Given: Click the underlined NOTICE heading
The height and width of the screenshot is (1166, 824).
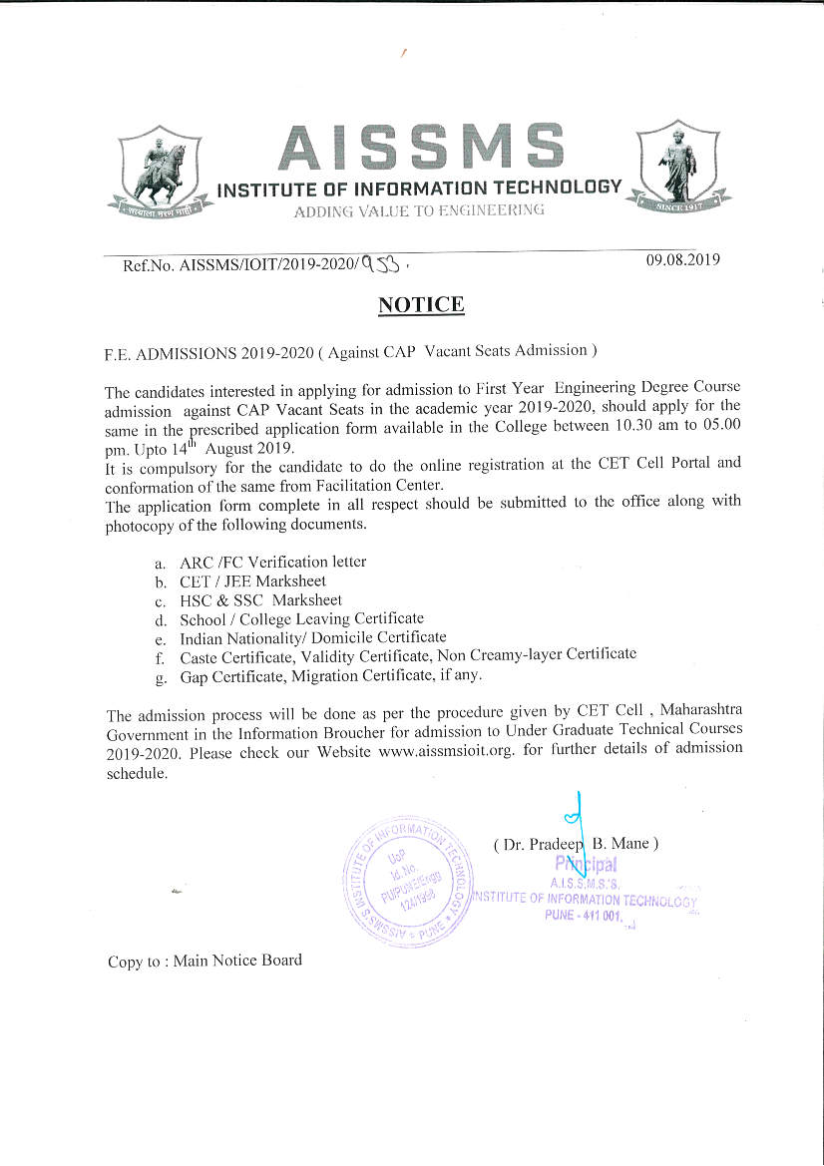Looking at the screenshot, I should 421,304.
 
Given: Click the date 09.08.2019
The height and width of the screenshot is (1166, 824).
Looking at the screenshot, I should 683,259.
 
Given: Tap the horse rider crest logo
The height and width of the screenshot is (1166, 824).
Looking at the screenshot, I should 160,172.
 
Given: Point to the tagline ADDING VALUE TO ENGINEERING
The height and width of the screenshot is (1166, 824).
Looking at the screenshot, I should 419,209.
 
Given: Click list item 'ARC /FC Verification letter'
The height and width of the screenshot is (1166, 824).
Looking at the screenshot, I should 272,562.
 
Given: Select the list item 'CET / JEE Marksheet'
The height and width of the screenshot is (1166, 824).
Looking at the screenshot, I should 252,581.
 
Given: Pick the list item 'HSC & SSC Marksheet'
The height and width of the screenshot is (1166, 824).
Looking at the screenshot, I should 260,600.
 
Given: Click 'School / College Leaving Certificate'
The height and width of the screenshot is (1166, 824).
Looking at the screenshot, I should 301,619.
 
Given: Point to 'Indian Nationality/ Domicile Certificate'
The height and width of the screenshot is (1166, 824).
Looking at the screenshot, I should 312,638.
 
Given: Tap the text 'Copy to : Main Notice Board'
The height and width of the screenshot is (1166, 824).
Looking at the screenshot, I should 205,961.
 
